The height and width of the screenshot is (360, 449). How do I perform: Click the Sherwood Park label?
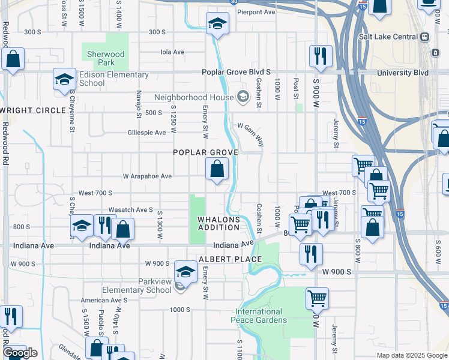pyautogui.click(x=105, y=58)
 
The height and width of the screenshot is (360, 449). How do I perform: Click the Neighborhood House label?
pyautogui.click(x=193, y=97)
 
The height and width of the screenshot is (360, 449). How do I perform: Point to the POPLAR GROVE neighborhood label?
pyautogui.click(x=206, y=152)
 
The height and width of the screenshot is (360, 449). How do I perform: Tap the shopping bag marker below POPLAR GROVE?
pyautogui.click(x=217, y=169)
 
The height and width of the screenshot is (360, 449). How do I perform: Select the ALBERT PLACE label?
pyautogui.click(x=230, y=259)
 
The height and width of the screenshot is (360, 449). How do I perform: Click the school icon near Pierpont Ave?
pyautogui.click(x=217, y=25)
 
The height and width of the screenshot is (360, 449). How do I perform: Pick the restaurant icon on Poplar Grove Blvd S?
pyautogui.click(x=321, y=57)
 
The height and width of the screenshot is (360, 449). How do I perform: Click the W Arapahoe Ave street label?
pyautogui.click(x=147, y=176)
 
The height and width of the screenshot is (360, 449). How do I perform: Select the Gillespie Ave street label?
pyautogui.click(x=146, y=133)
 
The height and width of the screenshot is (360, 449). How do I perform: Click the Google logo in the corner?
pyautogui.click(x=20, y=353)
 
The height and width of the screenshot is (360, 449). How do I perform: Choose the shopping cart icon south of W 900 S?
pyautogui.click(x=316, y=298)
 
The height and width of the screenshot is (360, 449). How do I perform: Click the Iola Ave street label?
pyautogui.click(x=172, y=52)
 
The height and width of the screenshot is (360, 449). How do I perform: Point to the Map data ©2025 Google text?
pyautogui.click(x=411, y=355)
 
